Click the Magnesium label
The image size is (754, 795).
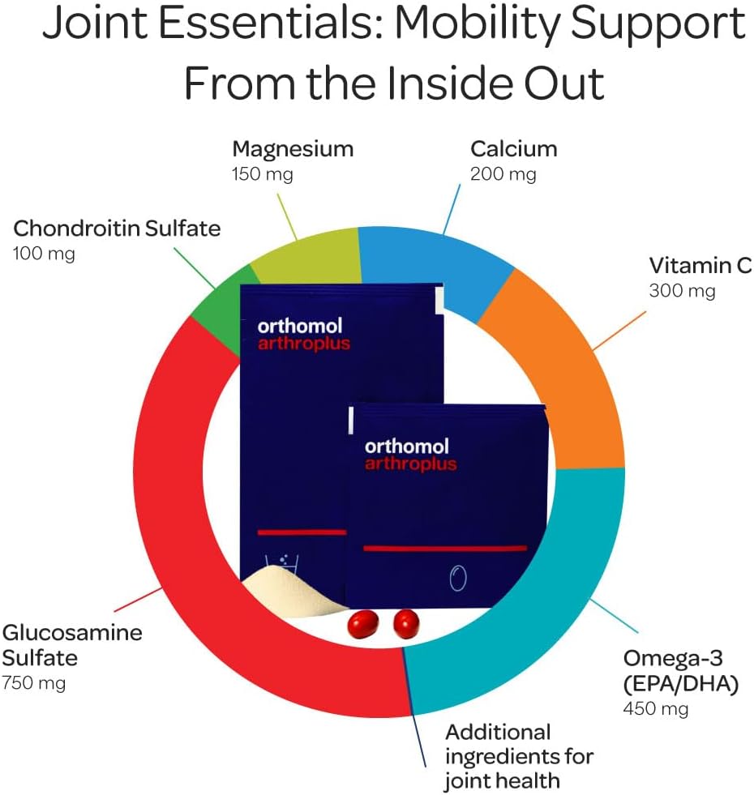[293, 149]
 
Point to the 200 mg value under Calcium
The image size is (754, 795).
[503, 174]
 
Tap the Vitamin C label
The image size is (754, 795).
[700, 266]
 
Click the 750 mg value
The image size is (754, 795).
[34, 683]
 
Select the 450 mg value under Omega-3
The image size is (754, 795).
[655, 709]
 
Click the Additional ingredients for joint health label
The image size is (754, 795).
[519, 756]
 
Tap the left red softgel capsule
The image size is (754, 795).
[363, 625]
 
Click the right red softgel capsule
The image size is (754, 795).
[408, 625]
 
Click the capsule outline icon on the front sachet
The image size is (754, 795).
[458, 578]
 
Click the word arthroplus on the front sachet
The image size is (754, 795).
[410, 464]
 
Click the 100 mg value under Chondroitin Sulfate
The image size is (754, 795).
[44, 254]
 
